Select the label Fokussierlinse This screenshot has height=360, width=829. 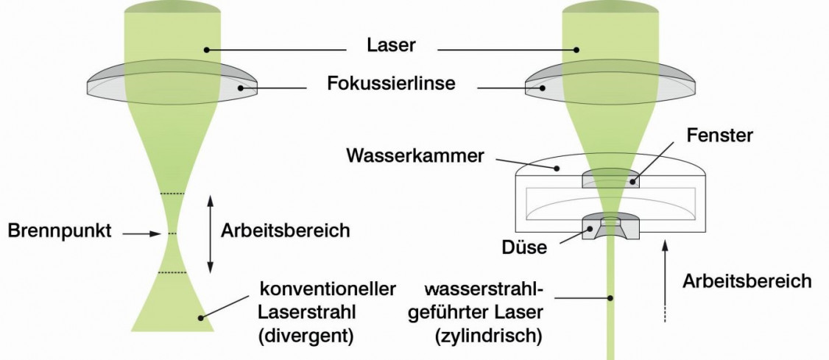(x=391, y=84)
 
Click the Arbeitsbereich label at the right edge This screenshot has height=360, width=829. (x=747, y=280)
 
